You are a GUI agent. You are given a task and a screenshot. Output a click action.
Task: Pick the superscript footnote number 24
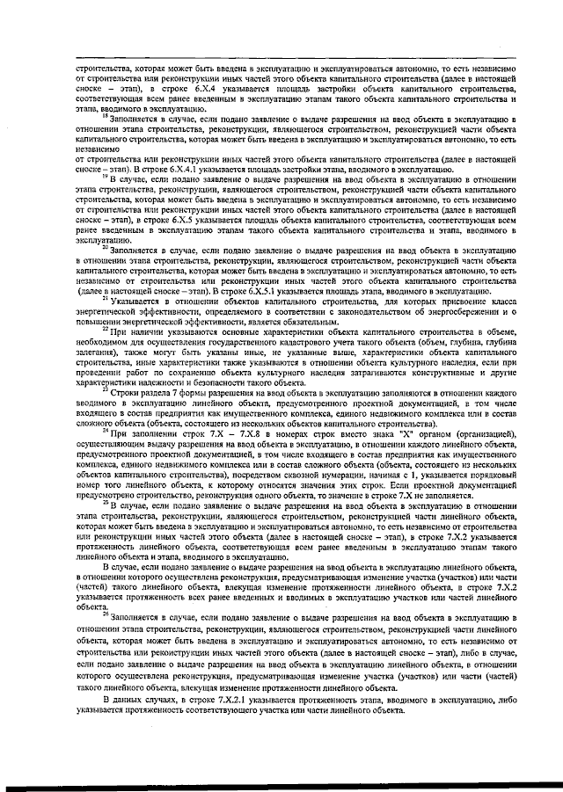(x=105, y=432)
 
